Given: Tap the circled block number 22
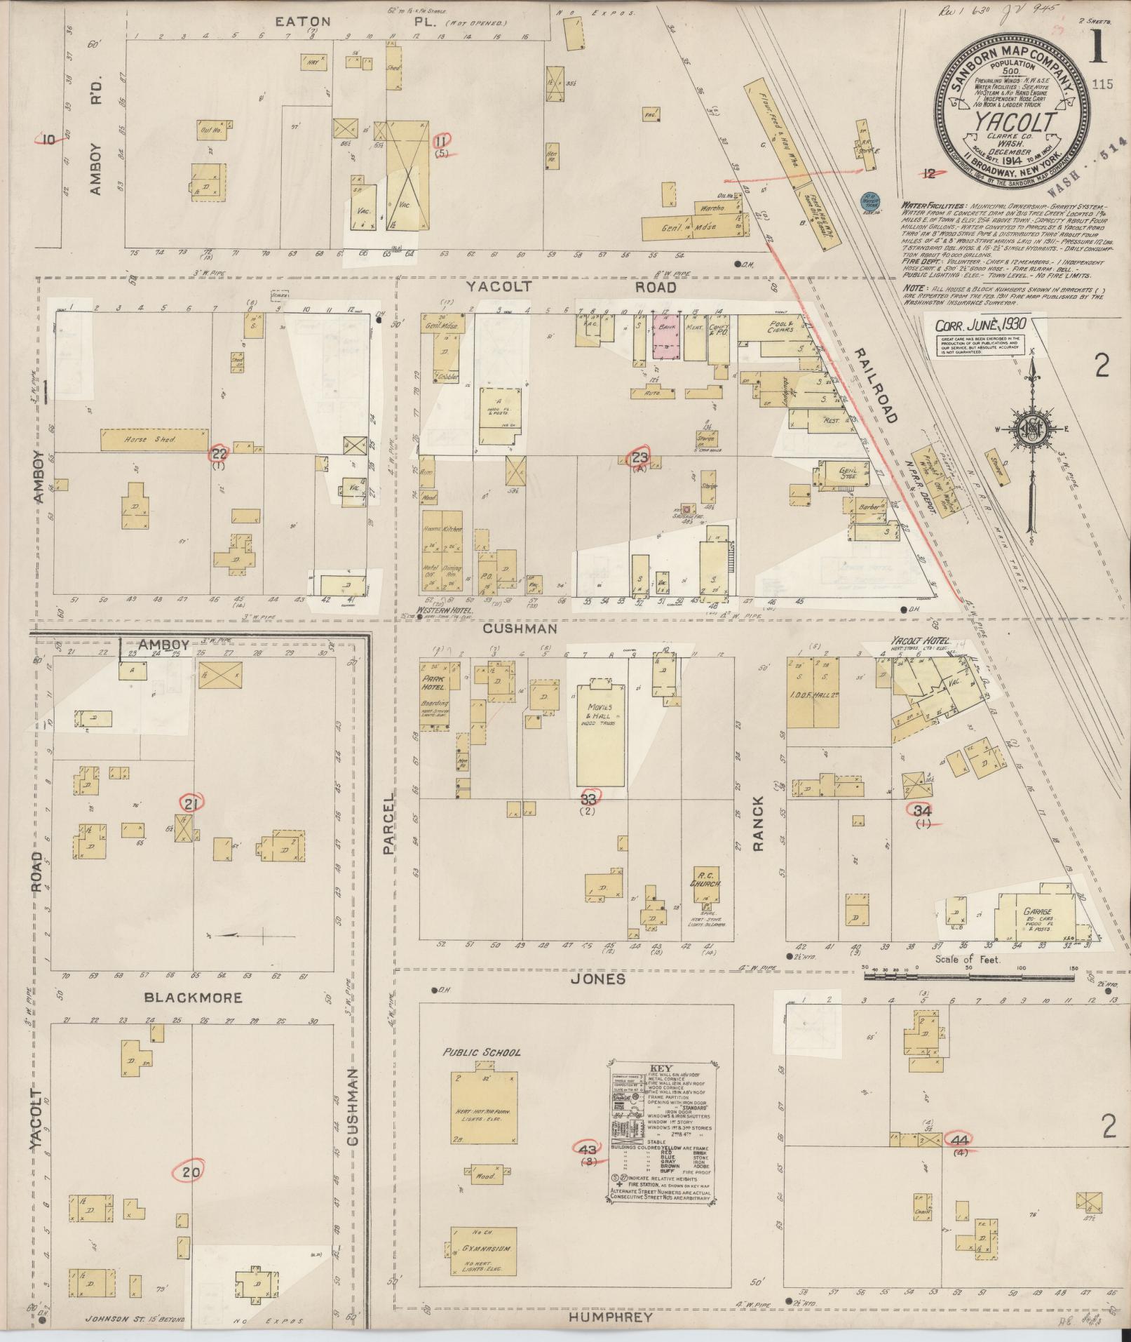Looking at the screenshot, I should click(x=219, y=453).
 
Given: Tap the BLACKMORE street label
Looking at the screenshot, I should click(x=193, y=998).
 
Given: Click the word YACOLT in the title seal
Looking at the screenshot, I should click(x=1012, y=123).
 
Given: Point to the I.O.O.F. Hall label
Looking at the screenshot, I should click(x=831, y=703).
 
